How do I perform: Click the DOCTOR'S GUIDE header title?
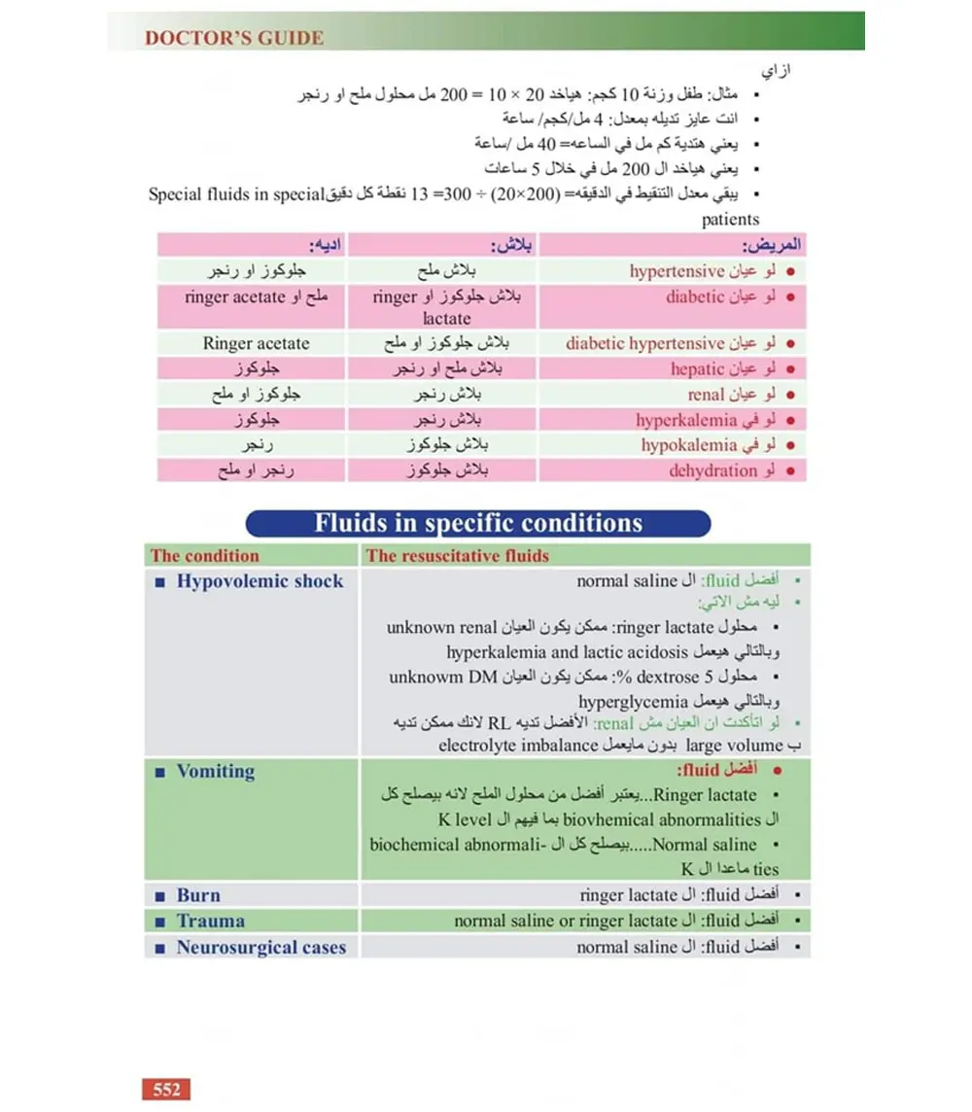tap(233, 39)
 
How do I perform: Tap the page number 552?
tap(166, 1089)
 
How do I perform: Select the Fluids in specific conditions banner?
tap(478, 524)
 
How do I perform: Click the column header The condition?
tap(205, 556)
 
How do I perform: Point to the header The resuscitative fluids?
tap(457, 556)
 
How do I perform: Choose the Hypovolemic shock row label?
tap(260, 581)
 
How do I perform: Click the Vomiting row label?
tap(215, 772)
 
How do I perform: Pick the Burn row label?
tap(198, 895)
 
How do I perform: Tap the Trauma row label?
tap(210, 921)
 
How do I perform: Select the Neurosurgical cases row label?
tap(260, 947)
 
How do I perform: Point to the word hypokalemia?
tap(689, 445)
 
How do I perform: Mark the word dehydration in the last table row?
tap(712, 470)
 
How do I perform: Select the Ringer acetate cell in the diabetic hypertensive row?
tap(257, 343)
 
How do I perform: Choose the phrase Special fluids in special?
tap(234, 193)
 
